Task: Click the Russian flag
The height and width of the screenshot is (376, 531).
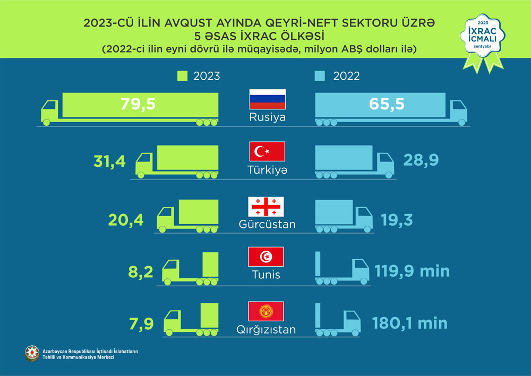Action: (x=268, y=99)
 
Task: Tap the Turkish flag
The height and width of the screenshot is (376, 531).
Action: (x=268, y=151)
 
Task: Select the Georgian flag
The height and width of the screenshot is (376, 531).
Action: (x=267, y=206)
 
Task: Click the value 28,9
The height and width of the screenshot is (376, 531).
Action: (x=421, y=160)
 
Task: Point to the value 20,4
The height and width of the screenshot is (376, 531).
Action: (x=126, y=219)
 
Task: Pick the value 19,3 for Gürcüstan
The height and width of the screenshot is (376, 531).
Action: (x=398, y=219)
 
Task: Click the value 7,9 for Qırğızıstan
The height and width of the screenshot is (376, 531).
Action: (x=142, y=323)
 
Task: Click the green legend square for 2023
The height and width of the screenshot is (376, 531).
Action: (x=182, y=76)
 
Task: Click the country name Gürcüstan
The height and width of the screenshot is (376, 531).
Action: (x=267, y=224)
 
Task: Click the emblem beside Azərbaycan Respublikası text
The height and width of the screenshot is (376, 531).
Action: (x=32, y=354)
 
